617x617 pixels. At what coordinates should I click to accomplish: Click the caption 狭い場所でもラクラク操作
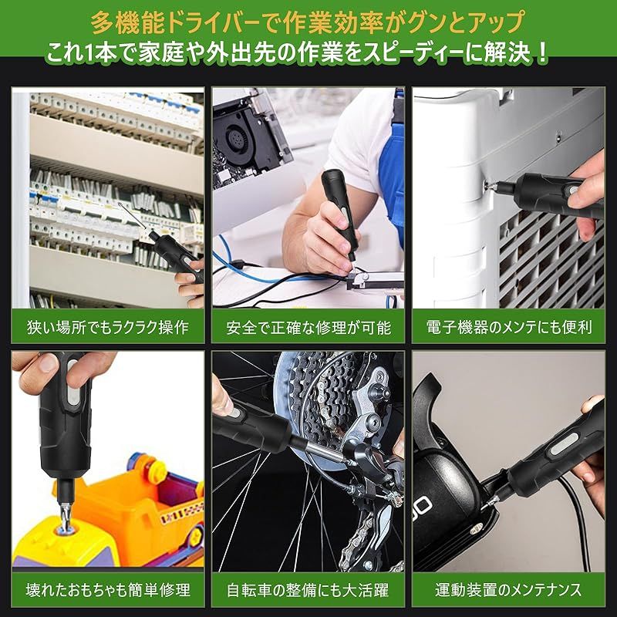coord(108,327)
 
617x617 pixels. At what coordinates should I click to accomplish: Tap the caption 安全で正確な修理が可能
coord(308,327)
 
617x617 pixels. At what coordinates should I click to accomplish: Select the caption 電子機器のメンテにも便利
coord(509,327)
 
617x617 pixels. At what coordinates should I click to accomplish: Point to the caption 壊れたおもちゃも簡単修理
coord(108,590)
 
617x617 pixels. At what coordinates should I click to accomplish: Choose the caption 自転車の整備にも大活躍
coord(308,590)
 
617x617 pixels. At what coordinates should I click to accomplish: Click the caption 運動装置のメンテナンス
coord(509,590)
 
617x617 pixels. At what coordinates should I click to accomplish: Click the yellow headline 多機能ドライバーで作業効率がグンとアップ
coord(308,22)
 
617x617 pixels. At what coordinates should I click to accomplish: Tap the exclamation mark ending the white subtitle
coord(542,52)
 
